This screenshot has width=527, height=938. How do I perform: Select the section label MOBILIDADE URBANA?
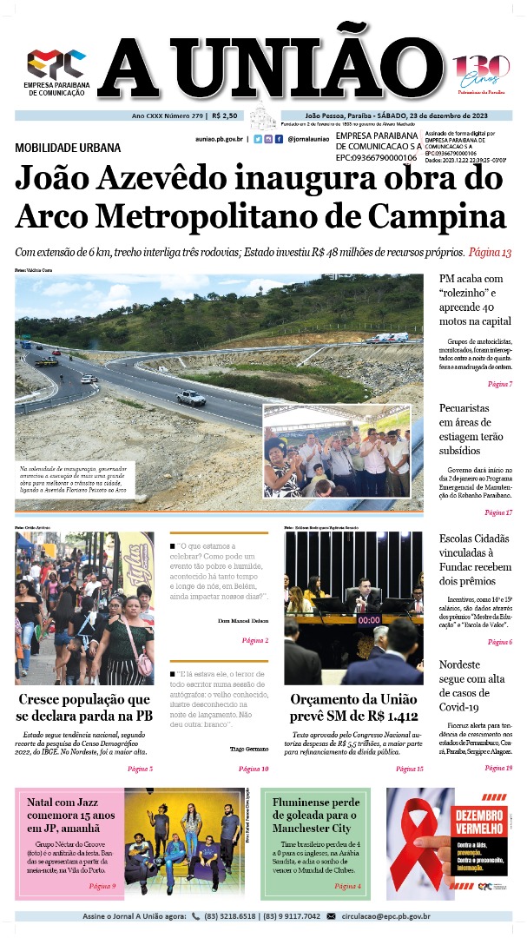point(68,148)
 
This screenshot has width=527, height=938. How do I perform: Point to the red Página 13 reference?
point(490,253)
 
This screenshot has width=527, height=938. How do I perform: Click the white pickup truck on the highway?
point(190,398)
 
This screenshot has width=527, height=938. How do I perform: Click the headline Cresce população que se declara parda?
point(84,707)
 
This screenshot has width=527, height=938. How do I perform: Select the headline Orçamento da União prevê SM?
point(353,707)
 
